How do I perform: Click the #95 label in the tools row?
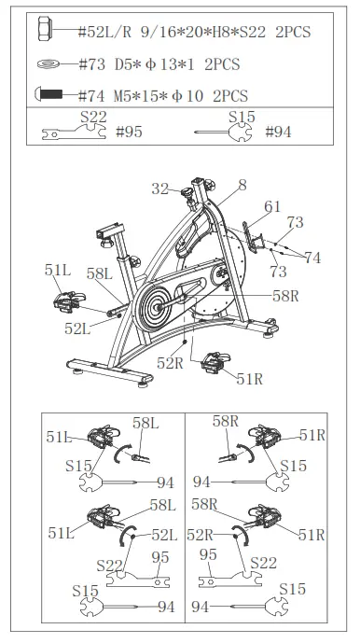pos(129,133)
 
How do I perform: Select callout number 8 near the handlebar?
pos(242,186)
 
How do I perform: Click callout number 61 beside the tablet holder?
pos(271,206)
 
